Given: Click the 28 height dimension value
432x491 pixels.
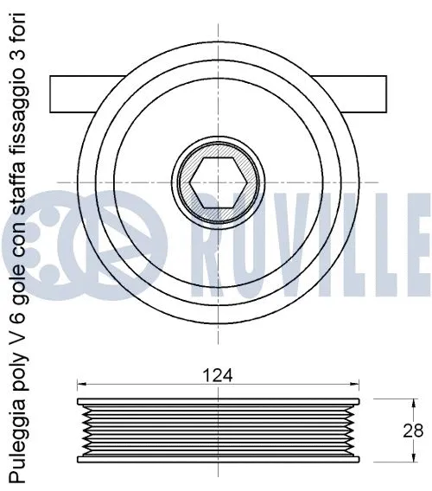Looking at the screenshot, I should pyautogui.click(x=414, y=430).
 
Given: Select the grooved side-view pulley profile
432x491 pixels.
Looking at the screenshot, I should pyautogui.click(x=215, y=430).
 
